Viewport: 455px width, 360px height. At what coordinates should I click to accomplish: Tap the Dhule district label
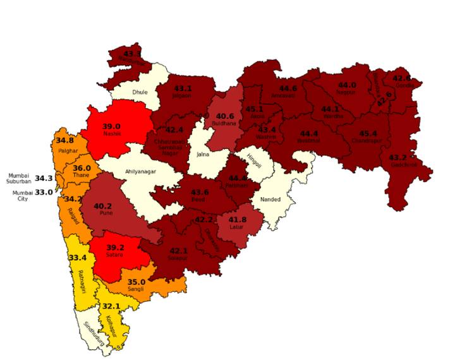pyautogui.click(x=140, y=92)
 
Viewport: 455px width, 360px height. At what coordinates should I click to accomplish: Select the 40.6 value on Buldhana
pyautogui.click(x=225, y=116)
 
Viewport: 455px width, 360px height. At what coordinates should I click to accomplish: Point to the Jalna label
pyautogui.click(x=203, y=153)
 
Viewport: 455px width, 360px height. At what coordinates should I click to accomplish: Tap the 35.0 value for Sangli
pyautogui.click(x=136, y=282)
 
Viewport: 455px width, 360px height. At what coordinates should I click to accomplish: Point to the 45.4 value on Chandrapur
pyautogui.click(x=368, y=134)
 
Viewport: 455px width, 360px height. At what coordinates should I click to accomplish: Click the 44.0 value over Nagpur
pyautogui.click(x=347, y=85)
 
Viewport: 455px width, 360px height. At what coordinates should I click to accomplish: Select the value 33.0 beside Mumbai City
pyautogui.click(x=44, y=192)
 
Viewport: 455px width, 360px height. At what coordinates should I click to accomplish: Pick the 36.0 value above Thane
pyautogui.click(x=82, y=168)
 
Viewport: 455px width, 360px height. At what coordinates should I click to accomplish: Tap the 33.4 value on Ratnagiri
pyautogui.click(x=77, y=258)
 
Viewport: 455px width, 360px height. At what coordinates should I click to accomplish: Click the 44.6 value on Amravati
pyautogui.click(x=288, y=88)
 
